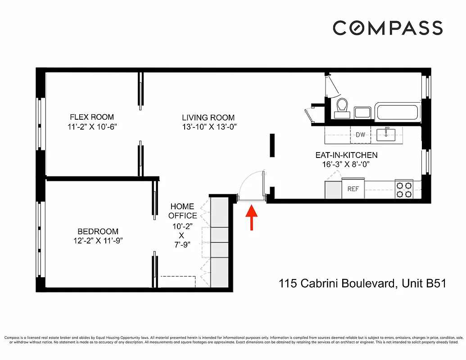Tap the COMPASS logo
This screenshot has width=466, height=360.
click(388, 28)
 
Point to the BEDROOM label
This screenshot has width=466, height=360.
click(97, 231)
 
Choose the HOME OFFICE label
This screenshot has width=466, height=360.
click(182, 211)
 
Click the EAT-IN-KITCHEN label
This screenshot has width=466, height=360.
click(346, 155)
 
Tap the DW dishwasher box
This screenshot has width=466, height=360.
click(360, 135)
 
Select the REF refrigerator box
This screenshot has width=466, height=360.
click(353, 189)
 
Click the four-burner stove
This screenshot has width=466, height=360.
click(404, 189)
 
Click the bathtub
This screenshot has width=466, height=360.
click(397, 112)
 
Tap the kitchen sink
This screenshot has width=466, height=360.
click(387, 134)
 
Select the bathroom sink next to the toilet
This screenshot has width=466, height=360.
click(362, 112)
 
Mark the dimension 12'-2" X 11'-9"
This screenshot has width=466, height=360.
click(97, 241)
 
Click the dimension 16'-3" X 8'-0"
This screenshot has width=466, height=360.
click(346, 165)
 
